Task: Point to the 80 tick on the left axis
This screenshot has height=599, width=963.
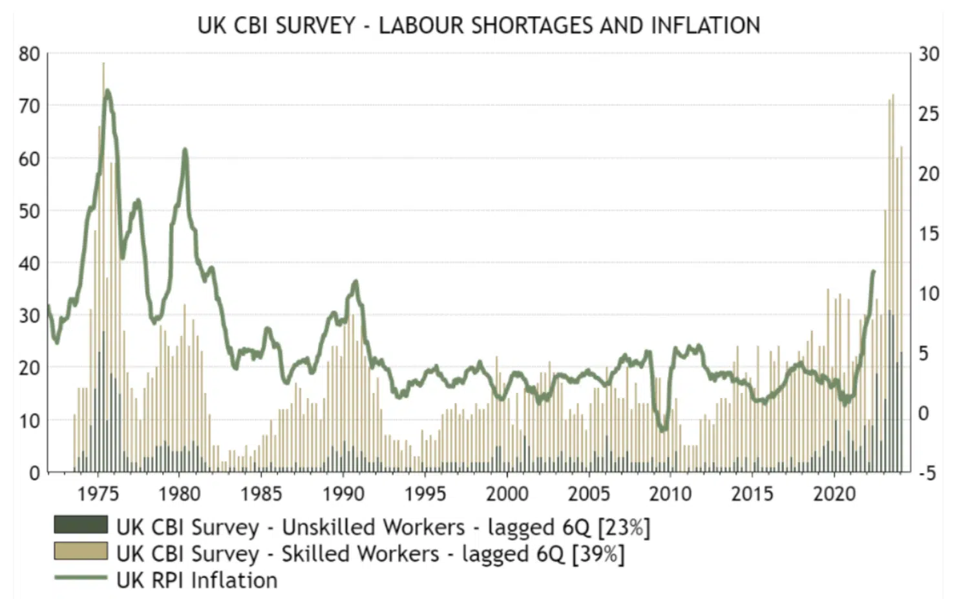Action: [30, 54]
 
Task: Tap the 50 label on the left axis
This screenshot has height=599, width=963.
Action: [30, 211]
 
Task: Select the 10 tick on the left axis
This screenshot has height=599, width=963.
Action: [30, 421]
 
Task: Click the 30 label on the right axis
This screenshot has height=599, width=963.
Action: [929, 54]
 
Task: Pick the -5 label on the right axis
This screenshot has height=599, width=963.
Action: [927, 474]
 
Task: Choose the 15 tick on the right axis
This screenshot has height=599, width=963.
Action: [929, 234]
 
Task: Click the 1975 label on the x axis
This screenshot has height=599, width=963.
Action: [98, 494]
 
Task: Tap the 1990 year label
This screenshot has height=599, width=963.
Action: [343, 494]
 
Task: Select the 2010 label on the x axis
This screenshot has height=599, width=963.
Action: [670, 494]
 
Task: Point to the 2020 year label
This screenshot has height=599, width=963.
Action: [834, 494]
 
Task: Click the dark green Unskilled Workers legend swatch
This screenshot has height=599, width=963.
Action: [81, 525]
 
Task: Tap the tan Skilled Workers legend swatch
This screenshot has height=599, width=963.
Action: [81, 551]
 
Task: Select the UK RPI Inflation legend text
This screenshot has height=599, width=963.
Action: [197, 580]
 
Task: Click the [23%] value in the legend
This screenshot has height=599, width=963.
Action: [624, 527]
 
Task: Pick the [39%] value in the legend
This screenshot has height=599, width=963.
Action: [598, 554]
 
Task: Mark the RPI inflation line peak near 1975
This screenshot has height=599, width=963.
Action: [107, 91]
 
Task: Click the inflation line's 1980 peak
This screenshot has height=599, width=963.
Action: [185, 150]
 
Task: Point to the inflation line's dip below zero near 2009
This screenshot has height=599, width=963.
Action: [662, 428]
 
